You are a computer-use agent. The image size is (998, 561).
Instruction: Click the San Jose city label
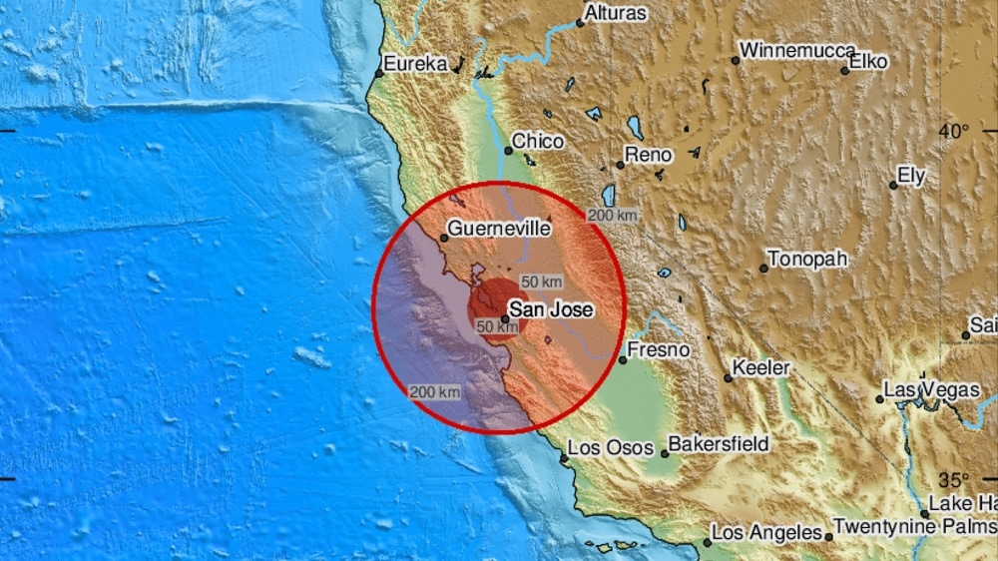pos(552,309)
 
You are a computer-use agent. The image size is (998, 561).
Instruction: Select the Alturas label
pos(615,14)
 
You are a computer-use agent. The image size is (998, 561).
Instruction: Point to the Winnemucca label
pos(798,50)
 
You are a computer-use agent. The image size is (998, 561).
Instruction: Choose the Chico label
pos(538,142)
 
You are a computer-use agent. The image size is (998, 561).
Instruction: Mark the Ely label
pos(911,176)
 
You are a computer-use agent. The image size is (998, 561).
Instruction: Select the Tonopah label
pos(809,259)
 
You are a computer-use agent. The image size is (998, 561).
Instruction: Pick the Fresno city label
pos(659,350)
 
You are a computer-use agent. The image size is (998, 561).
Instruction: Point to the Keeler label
pos(760,368)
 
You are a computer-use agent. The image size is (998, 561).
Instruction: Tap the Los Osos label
pos(613,448)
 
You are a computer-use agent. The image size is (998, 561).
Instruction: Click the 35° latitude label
pos(953,479)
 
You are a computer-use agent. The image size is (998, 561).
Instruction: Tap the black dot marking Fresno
pos(622,358)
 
